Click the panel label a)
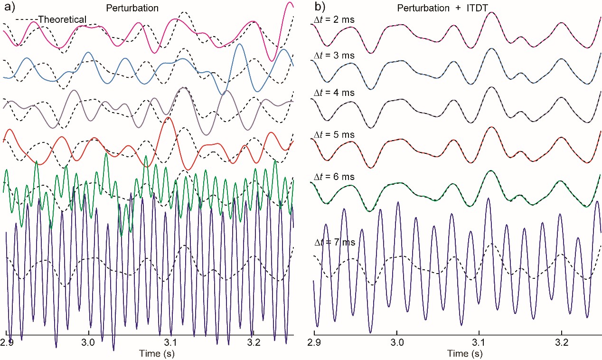[x=8, y=8]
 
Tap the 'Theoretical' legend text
[x=62, y=19]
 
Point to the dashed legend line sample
[x=27, y=20]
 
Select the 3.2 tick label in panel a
[x=253, y=342]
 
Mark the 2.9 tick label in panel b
[x=315, y=342]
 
